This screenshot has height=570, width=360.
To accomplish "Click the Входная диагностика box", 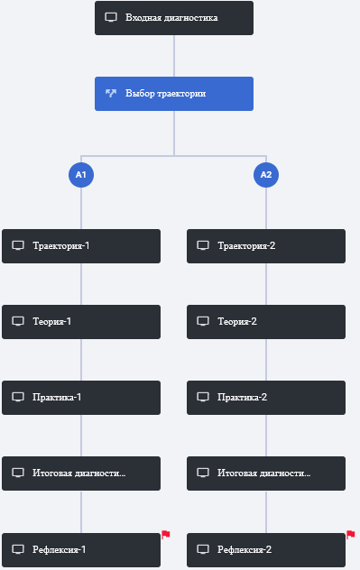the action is pyautogui.click(x=174, y=18).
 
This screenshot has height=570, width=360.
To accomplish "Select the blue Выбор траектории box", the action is pyautogui.click(x=174, y=94).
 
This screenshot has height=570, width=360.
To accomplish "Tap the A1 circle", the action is pyautogui.click(x=81, y=175).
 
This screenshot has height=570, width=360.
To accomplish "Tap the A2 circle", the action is pyautogui.click(x=266, y=175).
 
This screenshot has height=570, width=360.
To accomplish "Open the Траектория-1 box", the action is pyautogui.click(x=81, y=246).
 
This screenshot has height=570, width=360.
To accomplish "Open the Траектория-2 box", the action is pyautogui.click(x=266, y=246).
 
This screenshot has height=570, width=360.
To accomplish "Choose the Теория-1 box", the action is pyautogui.click(x=81, y=322).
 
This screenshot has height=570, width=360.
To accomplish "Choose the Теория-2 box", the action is pyautogui.click(x=266, y=322).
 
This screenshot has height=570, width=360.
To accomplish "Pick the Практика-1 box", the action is pyautogui.click(x=81, y=398).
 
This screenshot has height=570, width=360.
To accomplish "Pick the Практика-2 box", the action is pyautogui.click(x=266, y=398).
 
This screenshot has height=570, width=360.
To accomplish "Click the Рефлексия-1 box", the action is pyautogui.click(x=81, y=550).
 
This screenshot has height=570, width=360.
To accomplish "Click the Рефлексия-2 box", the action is pyautogui.click(x=266, y=550).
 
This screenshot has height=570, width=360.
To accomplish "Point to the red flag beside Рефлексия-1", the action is pyautogui.click(x=166, y=534).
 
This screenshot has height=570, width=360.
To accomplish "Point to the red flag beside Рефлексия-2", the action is pyautogui.click(x=351, y=534).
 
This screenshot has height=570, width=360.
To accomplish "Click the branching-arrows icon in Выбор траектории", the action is pyautogui.click(x=111, y=94).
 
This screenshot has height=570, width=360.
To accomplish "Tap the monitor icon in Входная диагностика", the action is pyautogui.click(x=111, y=17).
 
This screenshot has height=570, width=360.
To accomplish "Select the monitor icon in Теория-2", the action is pyautogui.click(x=203, y=321).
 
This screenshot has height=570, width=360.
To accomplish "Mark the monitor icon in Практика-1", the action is pyautogui.click(x=18, y=397).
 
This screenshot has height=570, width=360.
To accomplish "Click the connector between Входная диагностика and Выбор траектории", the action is pyautogui.click(x=174, y=56).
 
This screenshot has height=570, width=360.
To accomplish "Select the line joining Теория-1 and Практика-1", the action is pyautogui.click(x=81, y=360).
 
